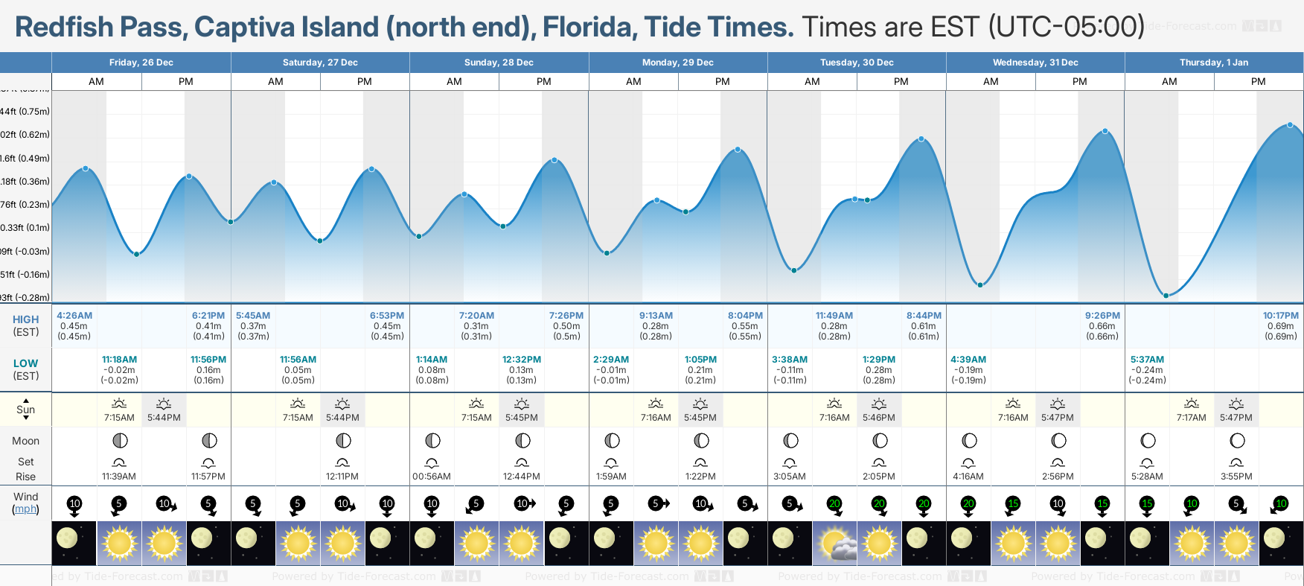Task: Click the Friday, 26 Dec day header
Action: [x=141, y=63]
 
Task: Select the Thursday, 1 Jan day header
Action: [x=1213, y=63]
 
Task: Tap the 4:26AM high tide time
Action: [x=74, y=316]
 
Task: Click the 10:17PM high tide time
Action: [x=1280, y=316]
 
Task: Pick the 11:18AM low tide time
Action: [x=119, y=360]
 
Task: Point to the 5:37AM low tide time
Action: [x=1147, y=360]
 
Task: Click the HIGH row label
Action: [x=25, y=319]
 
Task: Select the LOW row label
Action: [x=25, y=363]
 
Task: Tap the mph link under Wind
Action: [x=25, y=509]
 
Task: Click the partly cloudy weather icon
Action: [x=834, y=543]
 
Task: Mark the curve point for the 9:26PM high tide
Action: [x=1105, y=131]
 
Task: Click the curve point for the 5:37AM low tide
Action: [x=1166, y=296]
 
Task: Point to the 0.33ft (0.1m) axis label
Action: [x=25, y=228]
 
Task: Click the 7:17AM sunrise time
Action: [x=1191, y=418]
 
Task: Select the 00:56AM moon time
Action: [x=432, y=477]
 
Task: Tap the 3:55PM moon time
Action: [x=1236, y=477]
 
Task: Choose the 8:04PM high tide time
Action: [x=745, y=316]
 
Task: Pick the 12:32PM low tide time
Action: [x=521, y=360]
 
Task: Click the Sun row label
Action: [x=25, y=410]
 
